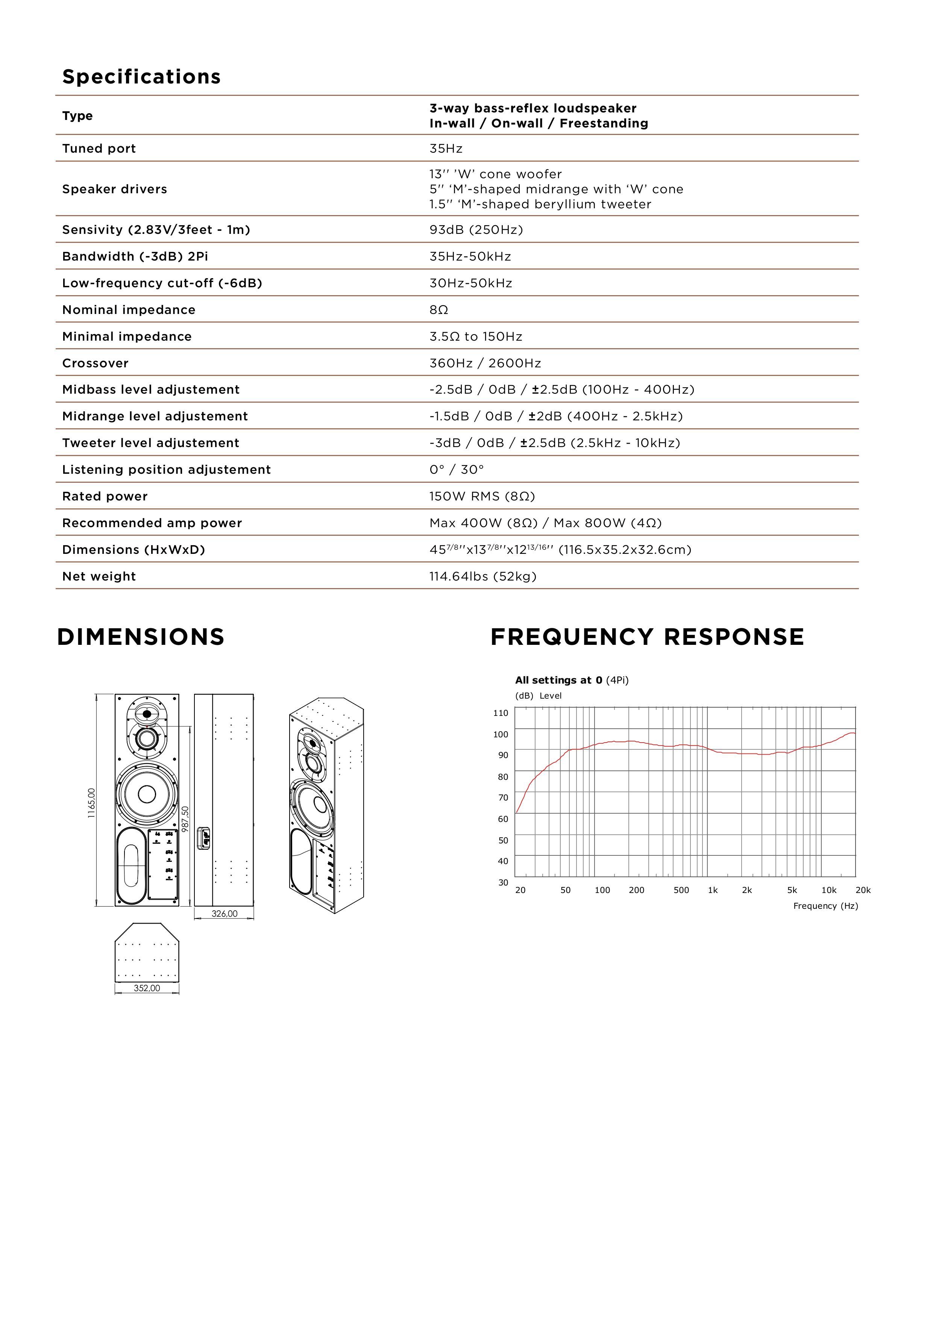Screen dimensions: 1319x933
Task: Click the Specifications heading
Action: pos(141,76)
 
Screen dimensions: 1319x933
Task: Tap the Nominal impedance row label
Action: pos(129,310)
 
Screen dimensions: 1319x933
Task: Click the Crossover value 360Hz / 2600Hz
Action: pos(485,363)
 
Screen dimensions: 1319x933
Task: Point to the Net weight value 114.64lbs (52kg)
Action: pos(482,576)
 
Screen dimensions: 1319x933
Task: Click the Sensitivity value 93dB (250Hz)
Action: pos(476,230)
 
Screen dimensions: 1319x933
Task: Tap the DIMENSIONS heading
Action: pos(141,637)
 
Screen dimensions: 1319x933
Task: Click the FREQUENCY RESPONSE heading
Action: pos(647,637)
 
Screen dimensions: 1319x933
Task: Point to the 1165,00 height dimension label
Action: pos(92,802)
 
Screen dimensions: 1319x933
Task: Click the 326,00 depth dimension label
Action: pos(224,913)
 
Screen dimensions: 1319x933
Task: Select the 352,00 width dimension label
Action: pos(147,988)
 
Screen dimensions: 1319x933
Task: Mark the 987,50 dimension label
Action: pos(185,819)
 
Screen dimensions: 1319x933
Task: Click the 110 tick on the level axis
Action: pos(501,713)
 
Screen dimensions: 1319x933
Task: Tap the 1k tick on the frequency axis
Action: pos(712,890)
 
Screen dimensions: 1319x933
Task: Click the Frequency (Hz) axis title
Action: pos(825,906)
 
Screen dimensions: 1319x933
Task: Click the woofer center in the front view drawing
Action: pos(147,794)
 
